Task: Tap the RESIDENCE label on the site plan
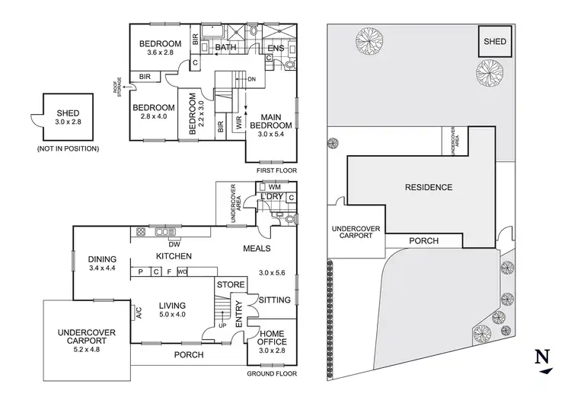coord(428,188)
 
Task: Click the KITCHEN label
coord(174,256)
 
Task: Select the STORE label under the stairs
coord(230,285)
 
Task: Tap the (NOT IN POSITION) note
coord(68,148)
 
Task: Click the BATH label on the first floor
coord(225,47)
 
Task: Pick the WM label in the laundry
coord(275,186)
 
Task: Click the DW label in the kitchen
coord(173,244)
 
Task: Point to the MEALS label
coord(258,248)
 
